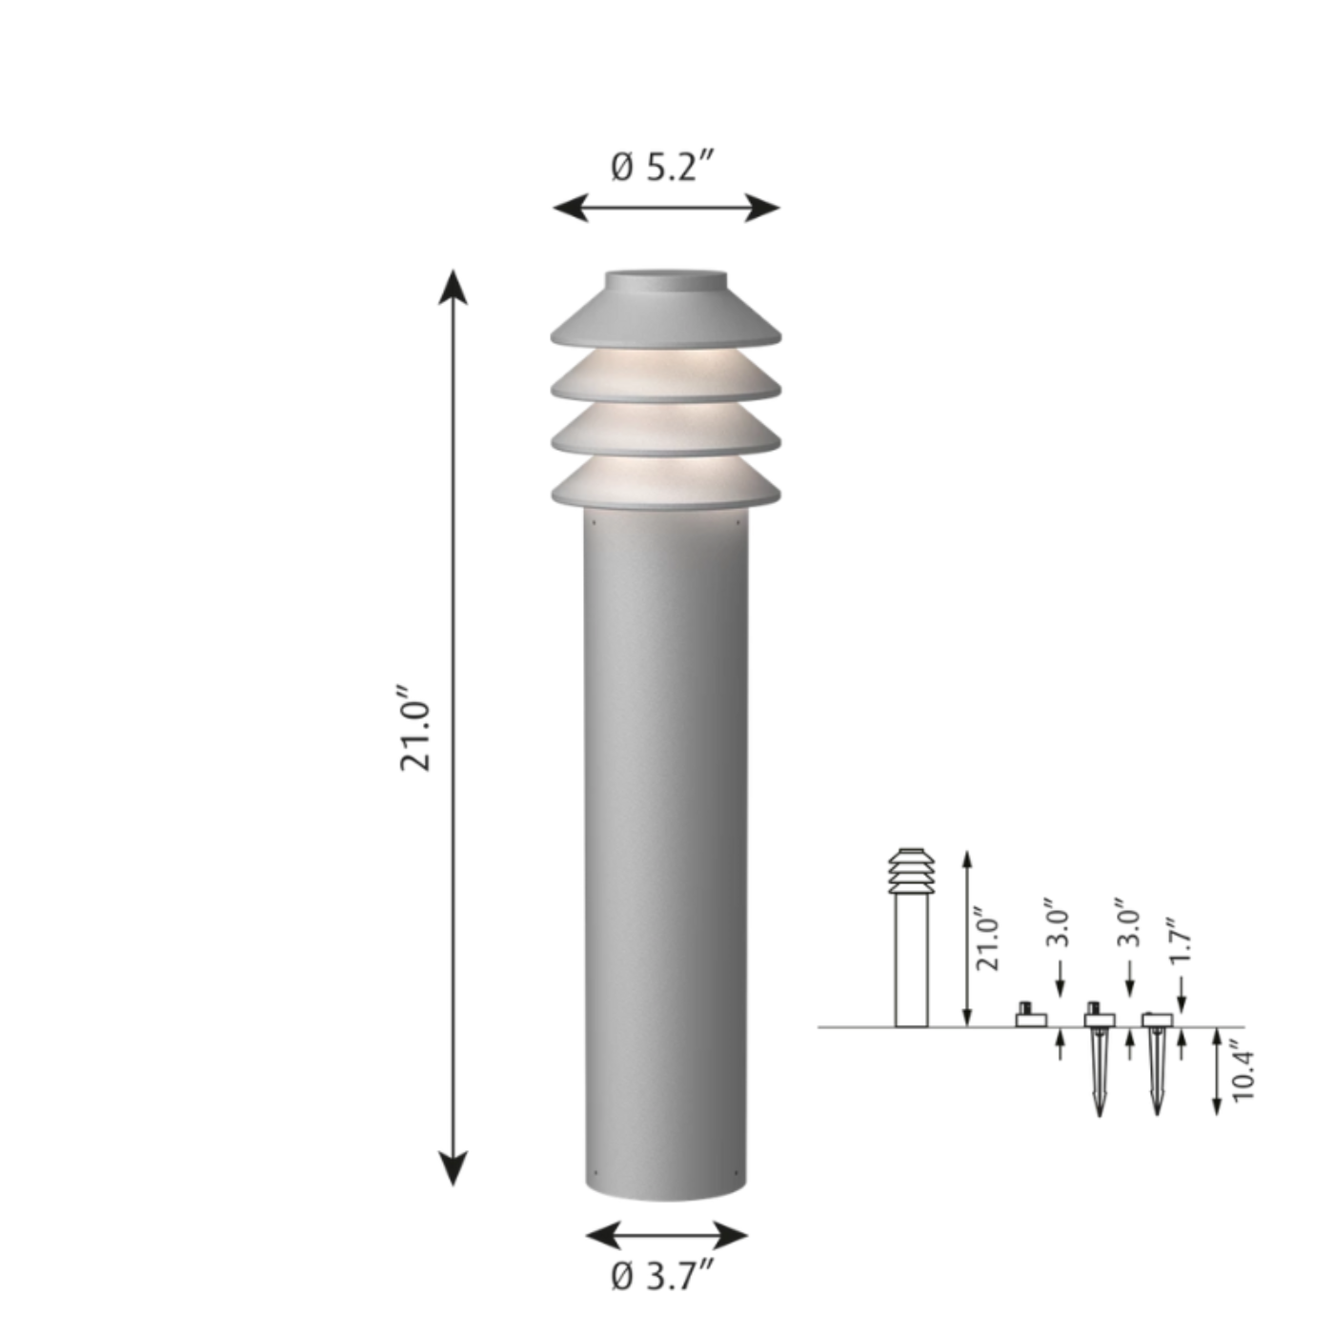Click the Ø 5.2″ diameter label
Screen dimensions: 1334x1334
coord(661,167)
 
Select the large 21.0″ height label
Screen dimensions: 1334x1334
coord(415,728)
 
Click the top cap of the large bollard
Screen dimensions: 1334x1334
coord(666,308)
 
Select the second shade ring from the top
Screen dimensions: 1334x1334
coord(666,377)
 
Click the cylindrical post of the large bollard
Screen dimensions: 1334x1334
coord(666,853)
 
